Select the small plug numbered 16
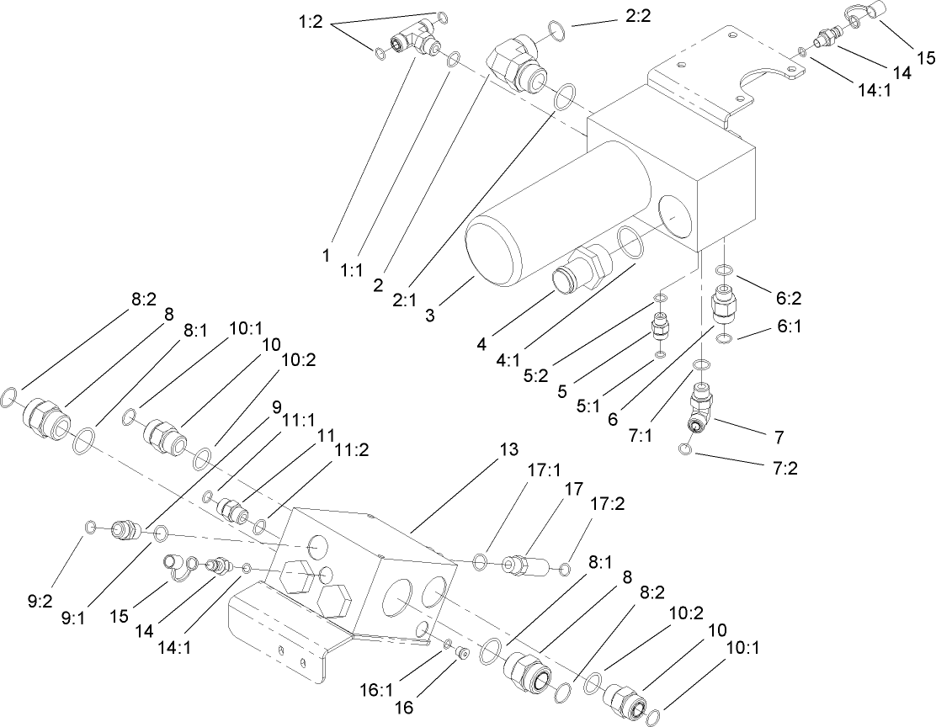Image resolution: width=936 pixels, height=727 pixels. [460, 653]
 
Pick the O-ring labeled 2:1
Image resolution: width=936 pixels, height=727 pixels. [564, 97]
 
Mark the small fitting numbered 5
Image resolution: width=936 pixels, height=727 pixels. [661, 326]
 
